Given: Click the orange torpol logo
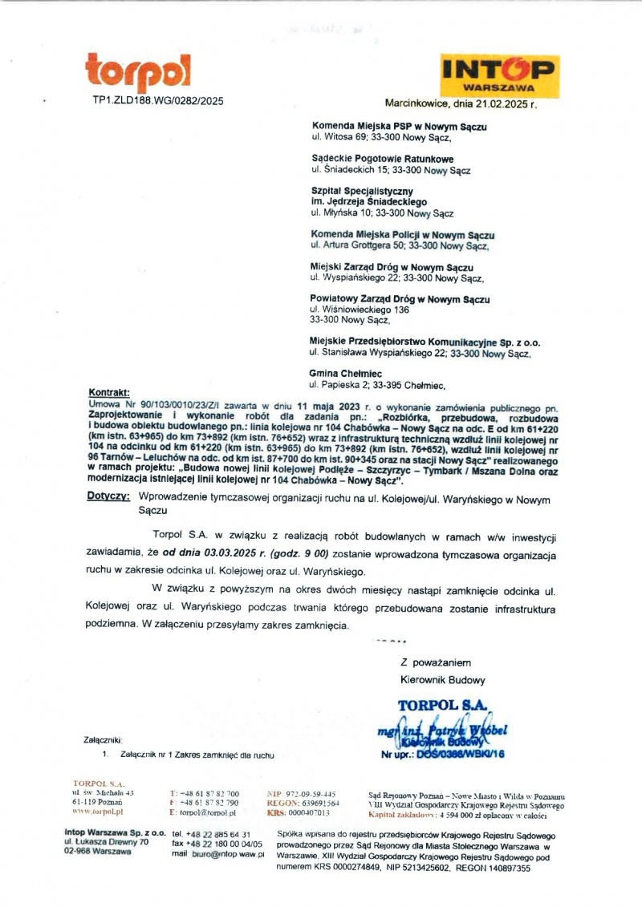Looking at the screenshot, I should [138, 74].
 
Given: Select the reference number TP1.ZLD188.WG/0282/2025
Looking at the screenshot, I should [157, 101].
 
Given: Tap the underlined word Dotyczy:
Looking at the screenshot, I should [108, 497].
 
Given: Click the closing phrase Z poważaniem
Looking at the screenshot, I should [434, 662].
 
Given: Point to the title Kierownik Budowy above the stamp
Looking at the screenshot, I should [442, 680].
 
